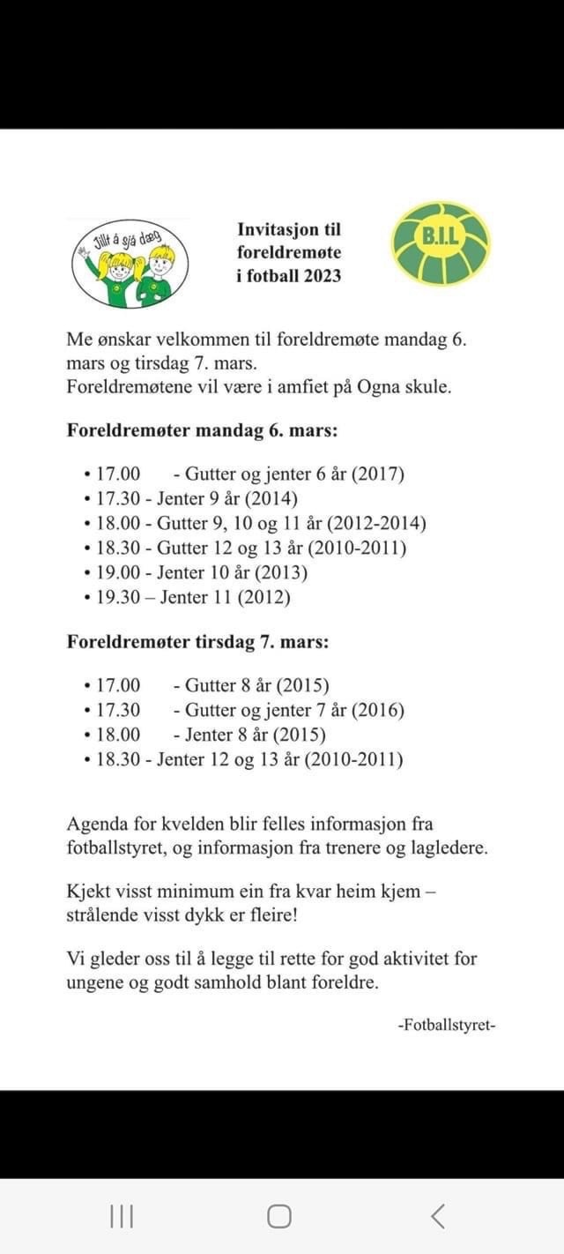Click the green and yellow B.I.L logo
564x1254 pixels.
[x=440, y=243]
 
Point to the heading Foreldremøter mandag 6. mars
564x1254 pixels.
[x=203, y=432]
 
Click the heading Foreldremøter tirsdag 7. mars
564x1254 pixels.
[x=197, y=642]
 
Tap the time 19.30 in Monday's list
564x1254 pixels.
[x=117, y=598]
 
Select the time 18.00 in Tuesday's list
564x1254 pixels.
[x=117, y=735]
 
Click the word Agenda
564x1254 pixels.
[x=96, y=825]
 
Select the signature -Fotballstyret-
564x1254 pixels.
[x=447, y=1026]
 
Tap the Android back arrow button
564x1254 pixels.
[x=438, y=1217]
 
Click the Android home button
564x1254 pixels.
[x=279, y=1217]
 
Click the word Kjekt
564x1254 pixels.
[x=87, y=891]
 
